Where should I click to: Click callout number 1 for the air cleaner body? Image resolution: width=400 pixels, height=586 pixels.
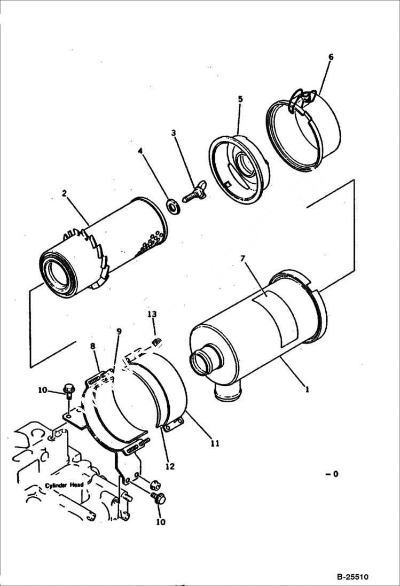[307, 390]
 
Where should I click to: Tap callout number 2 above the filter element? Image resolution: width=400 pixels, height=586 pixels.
[64, 193]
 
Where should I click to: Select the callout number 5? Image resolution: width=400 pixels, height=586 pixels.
[240, 99]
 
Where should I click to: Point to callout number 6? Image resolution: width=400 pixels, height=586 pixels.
[331, 57]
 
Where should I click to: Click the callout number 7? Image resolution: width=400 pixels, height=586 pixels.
[242, 259]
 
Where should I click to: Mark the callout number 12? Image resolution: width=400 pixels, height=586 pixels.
[170, 466]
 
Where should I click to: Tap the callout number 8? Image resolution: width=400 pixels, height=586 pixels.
[92, 346]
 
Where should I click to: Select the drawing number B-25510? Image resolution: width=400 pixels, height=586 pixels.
[352, 577]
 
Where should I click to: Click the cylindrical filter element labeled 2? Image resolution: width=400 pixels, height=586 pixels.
[107, 246]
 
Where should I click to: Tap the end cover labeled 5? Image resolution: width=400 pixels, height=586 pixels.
[239, 168]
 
